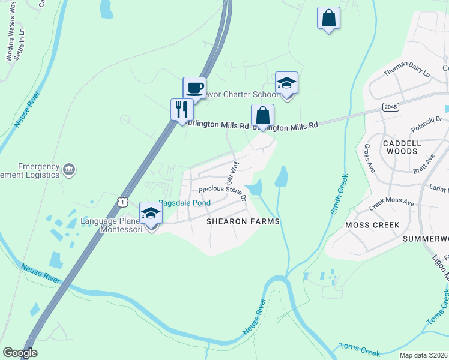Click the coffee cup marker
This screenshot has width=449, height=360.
[x=194, y=88]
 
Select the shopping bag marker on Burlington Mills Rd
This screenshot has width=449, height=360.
[x=262, y=115]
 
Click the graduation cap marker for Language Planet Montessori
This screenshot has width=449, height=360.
[x=151, y=214]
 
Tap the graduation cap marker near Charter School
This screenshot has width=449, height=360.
[x=286, y=83]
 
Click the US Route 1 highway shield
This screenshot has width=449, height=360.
[x=122, y=202]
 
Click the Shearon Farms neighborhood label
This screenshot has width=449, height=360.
[x=243, y=221]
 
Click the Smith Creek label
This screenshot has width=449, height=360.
[x=340, y=194]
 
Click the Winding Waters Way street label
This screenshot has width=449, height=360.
[x=11, y=40]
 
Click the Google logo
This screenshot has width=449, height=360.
[x=20, y=353]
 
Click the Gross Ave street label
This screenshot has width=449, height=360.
[x=370, y=158]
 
